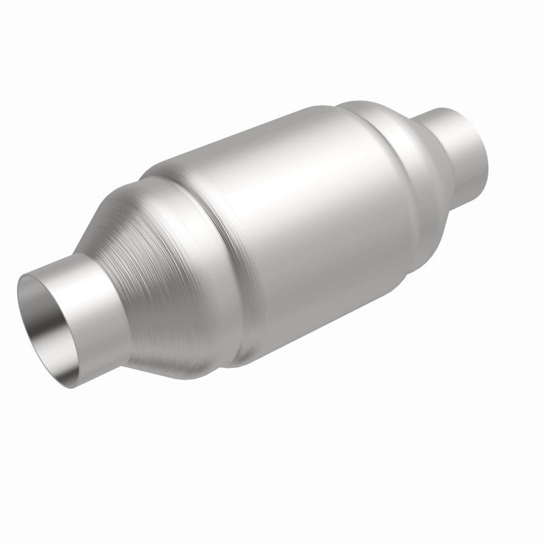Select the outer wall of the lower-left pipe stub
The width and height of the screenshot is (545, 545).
pos(95,320)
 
